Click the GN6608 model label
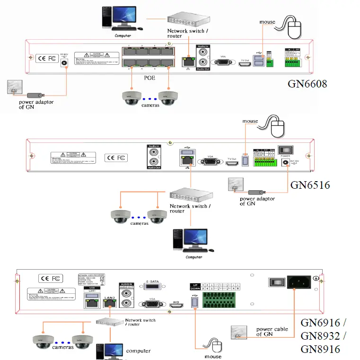[308, 84]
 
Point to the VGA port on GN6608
[221, 61]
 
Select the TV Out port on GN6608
[245, 62]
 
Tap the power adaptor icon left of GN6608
[14, 88]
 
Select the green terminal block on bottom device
[220, 299]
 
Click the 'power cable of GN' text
[272, 332]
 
